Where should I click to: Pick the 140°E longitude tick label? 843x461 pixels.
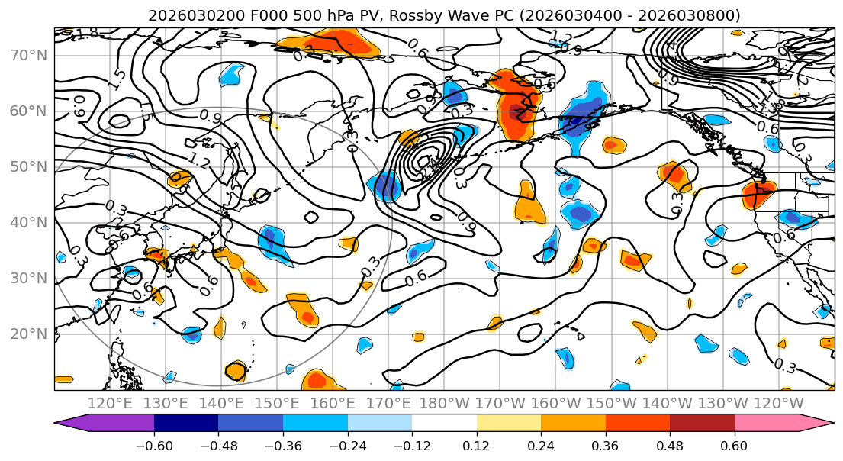pyautogui.click(x=221, y=402)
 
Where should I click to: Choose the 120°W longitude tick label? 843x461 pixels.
pyautogui.click(x=778, y=402)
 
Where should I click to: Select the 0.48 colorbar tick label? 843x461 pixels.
pyautogui.click(x=670, y=446)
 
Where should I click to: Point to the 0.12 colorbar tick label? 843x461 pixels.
pyautogui.click(x=476, y=446)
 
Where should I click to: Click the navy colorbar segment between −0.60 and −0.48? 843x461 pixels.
pyautogui.click(x=186, y=424)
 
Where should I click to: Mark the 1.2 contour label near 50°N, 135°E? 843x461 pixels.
pyautogui.click(x=199, y=161)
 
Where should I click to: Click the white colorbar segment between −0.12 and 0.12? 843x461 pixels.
pyautogui.click(x=444, y=424)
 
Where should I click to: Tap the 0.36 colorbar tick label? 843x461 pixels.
pyautogui.click(x=605, y=446)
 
